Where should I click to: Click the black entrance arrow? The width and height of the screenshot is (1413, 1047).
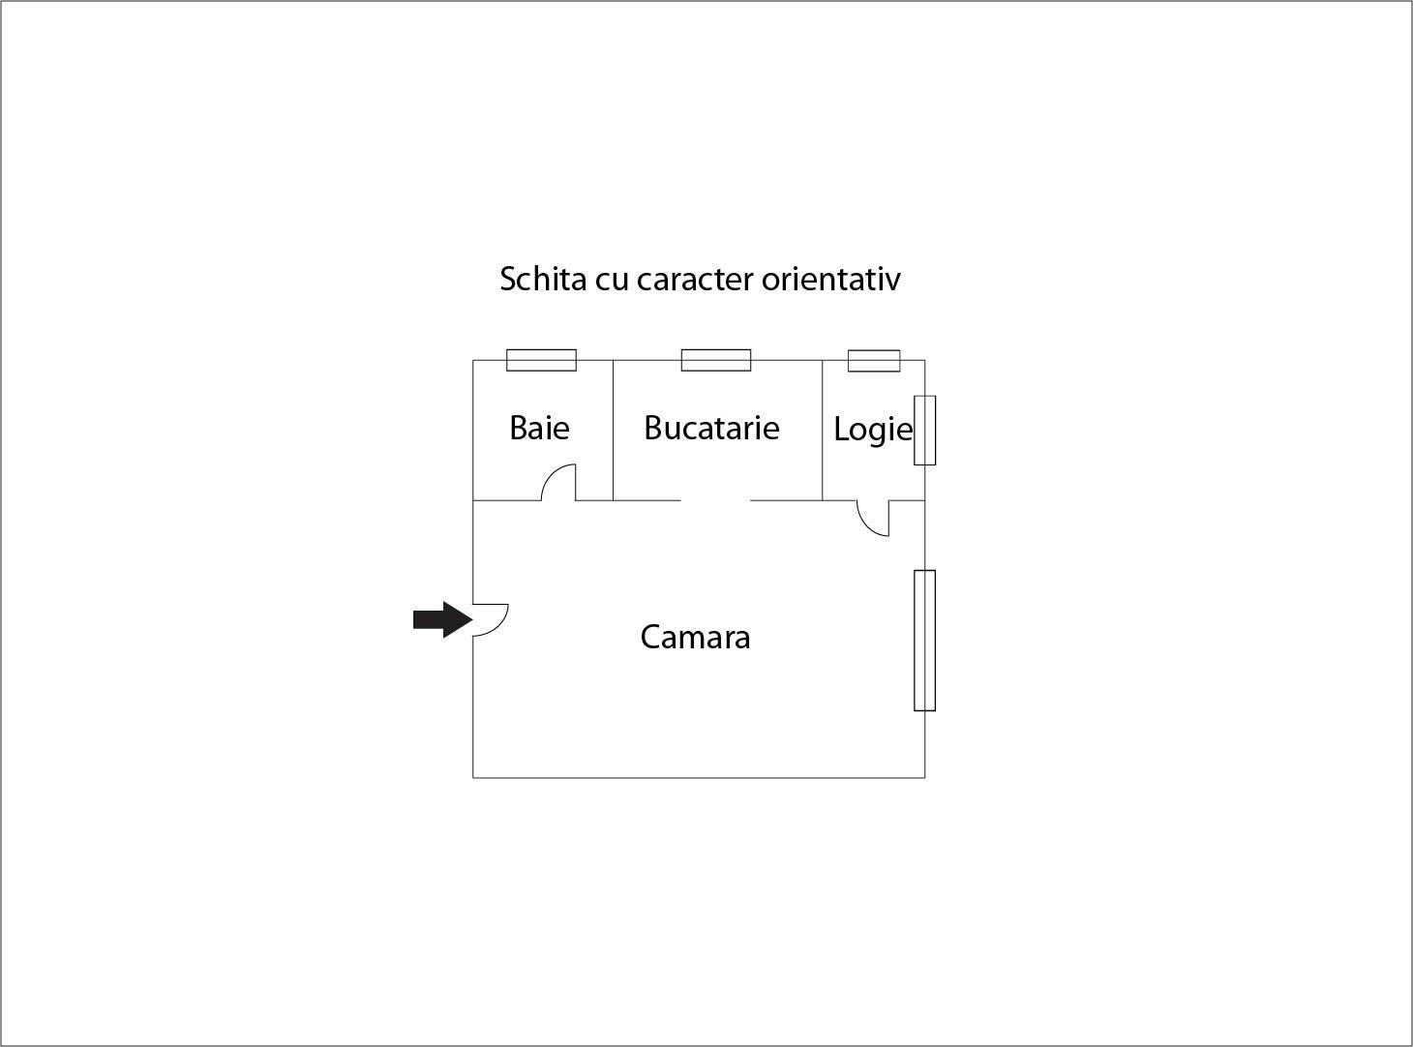tap(442, 619)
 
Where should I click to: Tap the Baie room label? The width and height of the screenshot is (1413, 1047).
tap(539, 428)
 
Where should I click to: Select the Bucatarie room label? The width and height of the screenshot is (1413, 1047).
tap(711, 428)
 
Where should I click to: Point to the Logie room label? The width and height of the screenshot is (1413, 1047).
tap(873, 431)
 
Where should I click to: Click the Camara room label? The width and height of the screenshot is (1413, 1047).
tap(695, 638)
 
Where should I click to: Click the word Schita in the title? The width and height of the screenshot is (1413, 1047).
tap(543, 279)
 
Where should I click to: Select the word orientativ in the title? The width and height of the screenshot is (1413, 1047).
tap(830, 279)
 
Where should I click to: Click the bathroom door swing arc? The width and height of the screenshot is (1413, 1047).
tap(551, 475)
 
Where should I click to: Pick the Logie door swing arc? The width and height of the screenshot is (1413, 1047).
tap(864, 525)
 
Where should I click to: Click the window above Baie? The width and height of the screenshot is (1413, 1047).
tap(542, 360)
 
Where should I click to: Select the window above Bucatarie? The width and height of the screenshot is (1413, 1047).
tap(716, 360)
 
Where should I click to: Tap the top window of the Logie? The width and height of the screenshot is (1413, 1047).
tap(874, 361)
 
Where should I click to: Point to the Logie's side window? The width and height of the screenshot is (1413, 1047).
tap(925, 431)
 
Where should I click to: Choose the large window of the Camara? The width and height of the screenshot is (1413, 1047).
tap(925, 641)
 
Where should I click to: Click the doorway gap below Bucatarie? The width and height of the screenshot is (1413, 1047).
tap(715, 500)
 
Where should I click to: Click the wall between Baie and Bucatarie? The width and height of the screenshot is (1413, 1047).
tap(614, 431)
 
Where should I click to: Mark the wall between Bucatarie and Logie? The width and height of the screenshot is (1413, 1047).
tap(823, 431)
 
